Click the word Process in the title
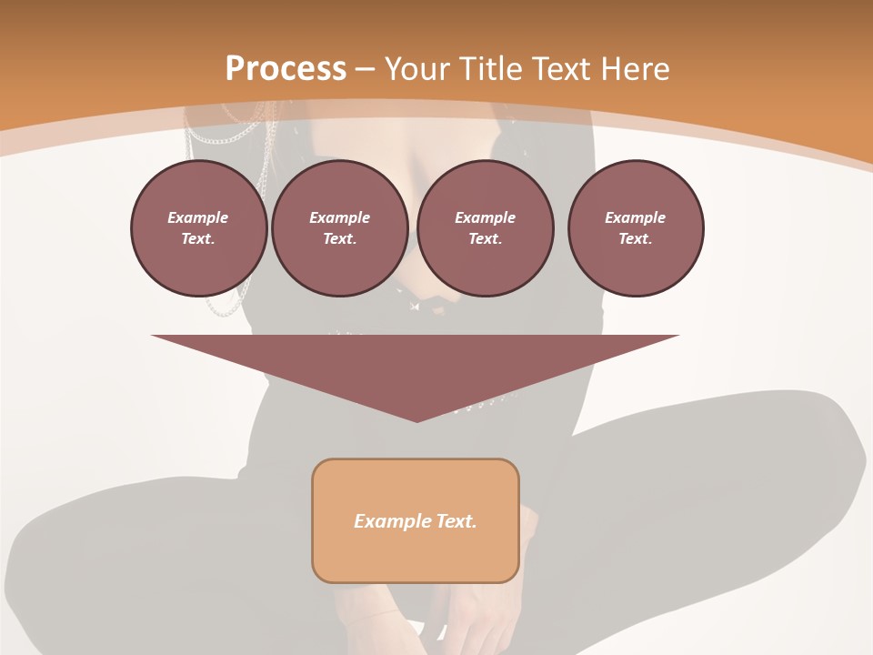pyautogui.click(x=286, y=69)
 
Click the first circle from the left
pyautogui.click(x=199, y=228)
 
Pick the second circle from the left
pyautogui.click(x=340, y=228)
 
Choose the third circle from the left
pyautogui.click(x=486, y=228)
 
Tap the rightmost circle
pyautogui.click(x=636, y=228)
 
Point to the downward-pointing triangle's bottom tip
pyautogui.click(x=416, y=419)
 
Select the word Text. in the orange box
pyautogui.click(x=455, y=521)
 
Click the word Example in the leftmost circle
pyautogui.click(x=198, y=217)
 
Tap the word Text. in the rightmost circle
pyautogui.click(x=636, y=239)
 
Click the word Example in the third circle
pyautogui.click(x=486, y=217)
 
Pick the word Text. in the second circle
pyautogui.click(x=340, y=239)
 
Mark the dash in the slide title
pyautogui.click(x=366, y=69)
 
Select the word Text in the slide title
pyautogui.click(x=557, y=69)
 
